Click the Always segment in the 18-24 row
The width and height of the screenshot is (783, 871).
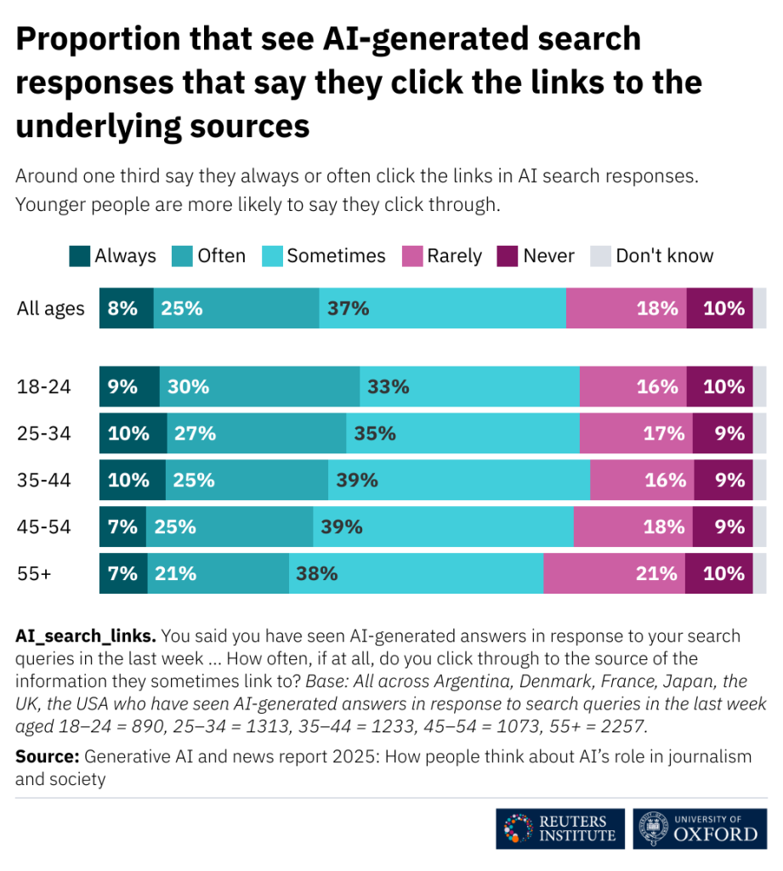point(129,387)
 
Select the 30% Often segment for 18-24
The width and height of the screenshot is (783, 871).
point(259,387)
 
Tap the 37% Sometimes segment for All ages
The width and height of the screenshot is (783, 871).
point(442,308)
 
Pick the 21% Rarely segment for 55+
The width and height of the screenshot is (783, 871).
point(614,573)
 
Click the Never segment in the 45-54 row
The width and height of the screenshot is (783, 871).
point(723,527)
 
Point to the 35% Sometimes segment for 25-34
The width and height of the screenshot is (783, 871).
point(462,433)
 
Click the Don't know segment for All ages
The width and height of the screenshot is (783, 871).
point(759,308)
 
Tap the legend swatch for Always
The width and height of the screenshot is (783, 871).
point(79,256)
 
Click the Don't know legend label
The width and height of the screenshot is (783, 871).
point(664,256)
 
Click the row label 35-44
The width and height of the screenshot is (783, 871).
point(43,480)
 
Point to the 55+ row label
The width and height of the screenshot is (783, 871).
point(34,573)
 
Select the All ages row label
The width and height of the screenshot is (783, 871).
point(50,308)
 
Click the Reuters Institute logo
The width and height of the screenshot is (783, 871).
point(560,828)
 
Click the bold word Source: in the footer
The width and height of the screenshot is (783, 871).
point(48,756)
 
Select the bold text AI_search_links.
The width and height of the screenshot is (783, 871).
point(85,635)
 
